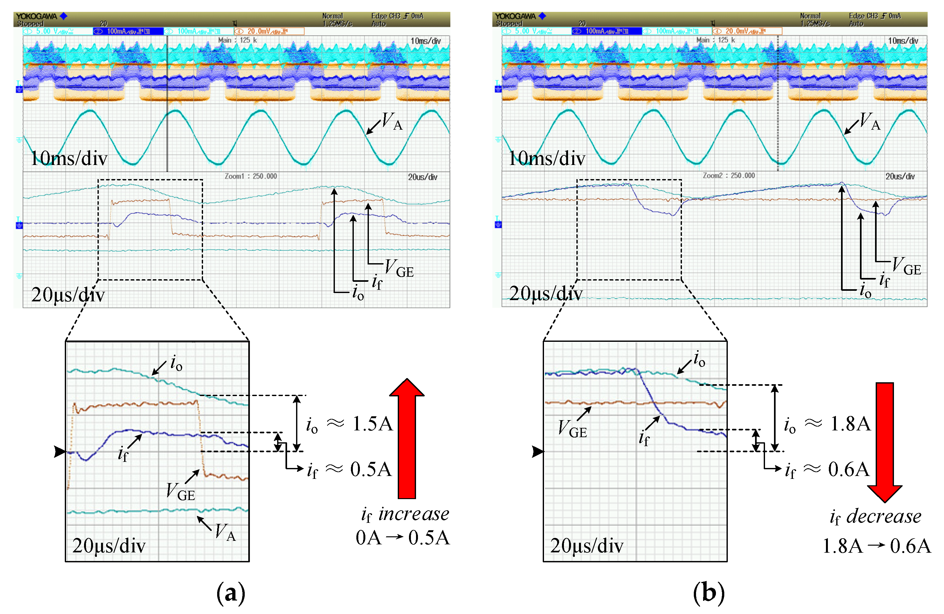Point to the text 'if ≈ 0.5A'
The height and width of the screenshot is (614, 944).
point(349,470)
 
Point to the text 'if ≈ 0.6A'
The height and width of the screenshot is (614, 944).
point(827,470)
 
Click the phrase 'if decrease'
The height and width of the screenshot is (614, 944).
point(876,517)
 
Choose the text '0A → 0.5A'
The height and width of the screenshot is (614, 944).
point(403,538)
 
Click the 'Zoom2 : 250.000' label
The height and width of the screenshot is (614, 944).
point(729,176)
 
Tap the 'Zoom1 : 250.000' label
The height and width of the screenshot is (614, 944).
point(251,176)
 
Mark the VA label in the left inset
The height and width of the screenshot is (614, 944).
point(225,532)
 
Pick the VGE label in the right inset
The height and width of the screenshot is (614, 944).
point(572,429)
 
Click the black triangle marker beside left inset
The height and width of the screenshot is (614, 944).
point(59,452)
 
